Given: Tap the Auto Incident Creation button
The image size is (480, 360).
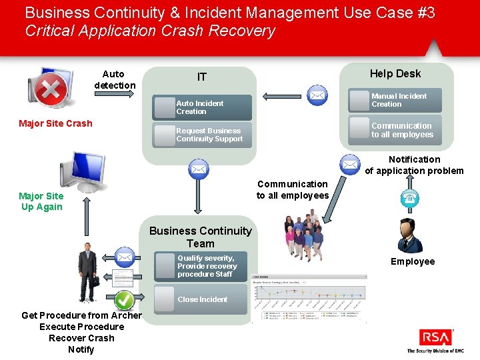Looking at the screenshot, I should [202, 107].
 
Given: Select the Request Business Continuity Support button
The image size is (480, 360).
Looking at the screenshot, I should [202, 135].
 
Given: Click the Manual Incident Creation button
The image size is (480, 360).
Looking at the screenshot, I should [397, 100].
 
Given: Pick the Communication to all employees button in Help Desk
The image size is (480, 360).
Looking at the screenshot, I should [397, 130].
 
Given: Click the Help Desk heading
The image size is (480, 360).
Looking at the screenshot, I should [395, 73].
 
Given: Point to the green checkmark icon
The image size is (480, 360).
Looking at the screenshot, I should [124, 301].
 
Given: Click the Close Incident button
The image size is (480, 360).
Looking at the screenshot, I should [201, 299].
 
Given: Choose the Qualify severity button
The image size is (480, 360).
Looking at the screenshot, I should [201, 266].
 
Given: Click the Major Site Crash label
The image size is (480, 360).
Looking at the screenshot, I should [55, 123].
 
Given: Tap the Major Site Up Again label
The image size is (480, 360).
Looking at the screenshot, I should [41, 201].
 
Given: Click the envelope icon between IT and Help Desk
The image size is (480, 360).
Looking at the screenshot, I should [318, 97].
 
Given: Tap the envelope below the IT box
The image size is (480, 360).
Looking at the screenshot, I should [198, 170].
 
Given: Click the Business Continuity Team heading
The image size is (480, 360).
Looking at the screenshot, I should [201, 237].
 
